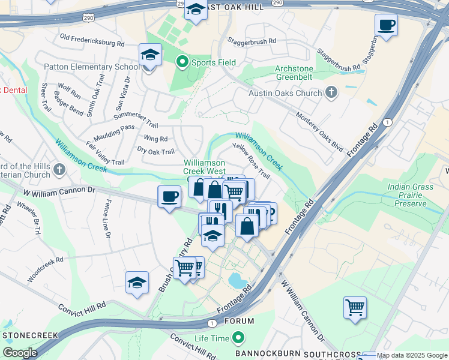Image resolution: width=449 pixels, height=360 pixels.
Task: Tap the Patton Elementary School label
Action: (89, 67)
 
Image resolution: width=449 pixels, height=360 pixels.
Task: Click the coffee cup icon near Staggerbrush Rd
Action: (386, 26)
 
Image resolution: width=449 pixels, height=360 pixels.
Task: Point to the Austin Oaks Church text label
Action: (285, 93)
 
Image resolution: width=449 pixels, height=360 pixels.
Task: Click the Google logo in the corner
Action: (20, 353)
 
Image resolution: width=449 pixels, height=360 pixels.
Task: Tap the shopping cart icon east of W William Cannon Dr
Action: (355, 308)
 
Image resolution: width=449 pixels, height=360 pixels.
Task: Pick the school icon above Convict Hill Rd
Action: (137, 283)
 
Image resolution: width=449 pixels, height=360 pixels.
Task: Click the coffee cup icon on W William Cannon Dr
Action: (169, 196)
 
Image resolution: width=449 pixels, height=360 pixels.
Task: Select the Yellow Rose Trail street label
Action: (251, 161)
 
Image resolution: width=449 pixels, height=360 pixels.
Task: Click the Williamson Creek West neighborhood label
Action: (204, 166)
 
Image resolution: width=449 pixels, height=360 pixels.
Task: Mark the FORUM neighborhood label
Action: (239, 321)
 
